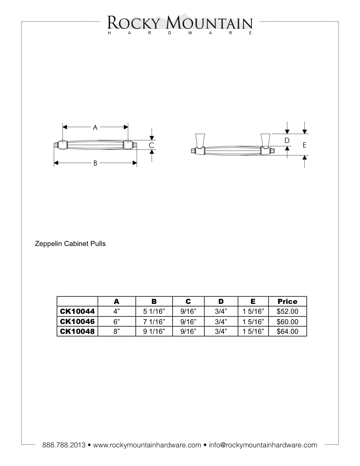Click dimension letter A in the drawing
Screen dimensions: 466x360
click(95, 127)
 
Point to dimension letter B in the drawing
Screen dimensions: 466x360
click(95, 163)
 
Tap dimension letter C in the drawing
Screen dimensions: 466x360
click(152, 145)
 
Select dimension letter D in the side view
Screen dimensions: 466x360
click(287, 140)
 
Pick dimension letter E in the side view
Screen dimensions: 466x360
click(304, 145)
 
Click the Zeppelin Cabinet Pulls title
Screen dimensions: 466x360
click(70, 243)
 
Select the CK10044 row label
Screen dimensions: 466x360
click(77, 312)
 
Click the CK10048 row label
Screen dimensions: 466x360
click(77, 331)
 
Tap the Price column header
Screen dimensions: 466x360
click(287, 301)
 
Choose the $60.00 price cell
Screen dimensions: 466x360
click(287, 321)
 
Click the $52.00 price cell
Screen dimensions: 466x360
click(287, 312)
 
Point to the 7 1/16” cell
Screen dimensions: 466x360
click(154, 321)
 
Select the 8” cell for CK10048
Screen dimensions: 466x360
click(117, 331)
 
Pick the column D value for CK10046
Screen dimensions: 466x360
click(221, 321)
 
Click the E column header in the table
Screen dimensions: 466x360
click(253, 301)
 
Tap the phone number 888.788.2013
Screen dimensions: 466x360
click(64, 445)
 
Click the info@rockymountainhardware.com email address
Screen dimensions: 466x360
click(263, 445)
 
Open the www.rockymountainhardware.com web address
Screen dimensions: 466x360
click(147, 445)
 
